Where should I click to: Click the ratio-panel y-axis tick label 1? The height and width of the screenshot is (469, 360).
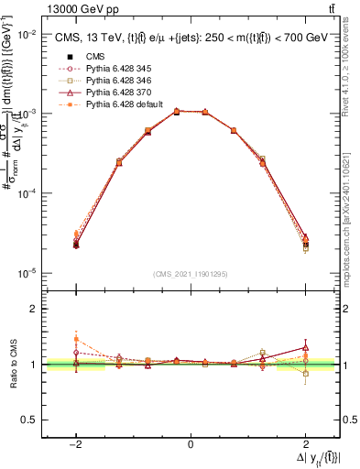[x=34, y=365]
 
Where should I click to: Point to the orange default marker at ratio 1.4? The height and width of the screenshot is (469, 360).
[x=76, y=340]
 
